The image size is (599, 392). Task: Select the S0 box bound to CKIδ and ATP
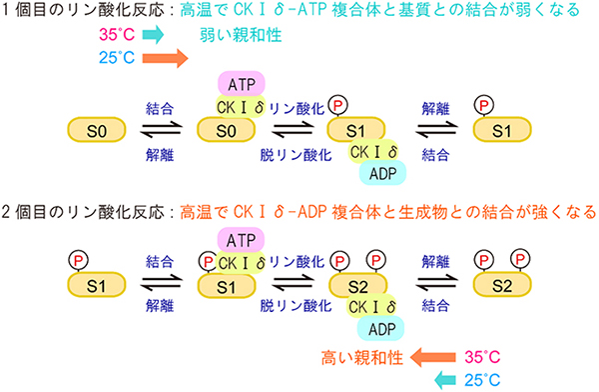(228, 130)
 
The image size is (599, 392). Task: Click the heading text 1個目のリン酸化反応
(85, 13)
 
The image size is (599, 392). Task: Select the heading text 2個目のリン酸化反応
(85, 211)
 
